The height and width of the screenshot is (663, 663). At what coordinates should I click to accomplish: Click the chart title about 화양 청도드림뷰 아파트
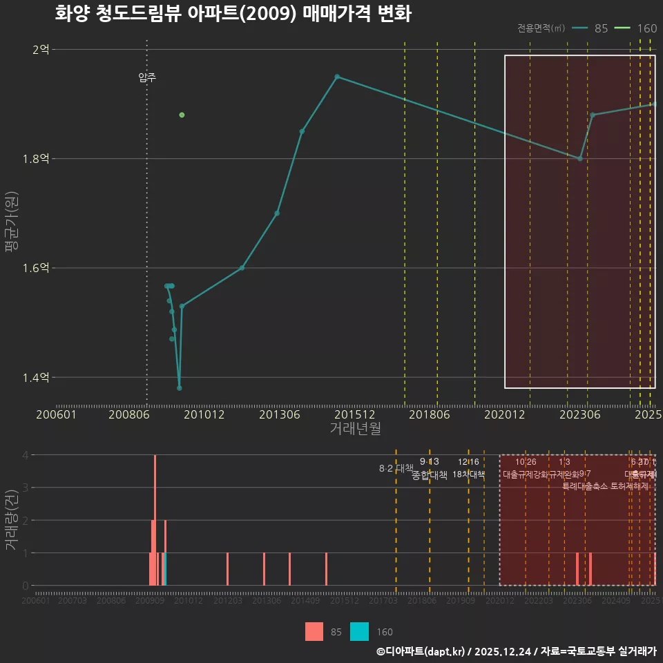tap(233, 14)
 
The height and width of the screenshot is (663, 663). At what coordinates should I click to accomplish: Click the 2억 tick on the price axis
tap(41, 50)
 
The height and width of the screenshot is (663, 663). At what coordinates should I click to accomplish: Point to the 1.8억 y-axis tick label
tap(39, 159)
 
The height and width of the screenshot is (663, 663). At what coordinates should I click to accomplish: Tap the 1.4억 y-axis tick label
tap(39, 377)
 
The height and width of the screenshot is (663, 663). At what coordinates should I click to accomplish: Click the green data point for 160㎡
tap(182, 115)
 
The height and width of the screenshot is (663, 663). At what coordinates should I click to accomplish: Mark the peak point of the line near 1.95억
tap(337, 77)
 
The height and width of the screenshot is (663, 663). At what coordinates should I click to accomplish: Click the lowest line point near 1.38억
tap(180, 388)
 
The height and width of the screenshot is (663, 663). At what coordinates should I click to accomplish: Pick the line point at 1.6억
tap(242, 268)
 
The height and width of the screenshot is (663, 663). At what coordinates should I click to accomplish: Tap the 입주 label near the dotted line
tap(147, 77)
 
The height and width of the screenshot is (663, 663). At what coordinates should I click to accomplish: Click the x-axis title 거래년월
tap(355, 428)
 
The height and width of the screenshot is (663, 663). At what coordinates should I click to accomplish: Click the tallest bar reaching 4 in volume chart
tap(155, 519)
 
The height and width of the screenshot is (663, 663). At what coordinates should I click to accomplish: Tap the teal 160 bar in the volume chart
tap(166, 569)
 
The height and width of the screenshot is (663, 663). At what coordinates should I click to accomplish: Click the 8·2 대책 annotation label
tap(396, 468)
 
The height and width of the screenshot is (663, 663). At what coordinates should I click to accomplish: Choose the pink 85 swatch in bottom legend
tap(314, 631)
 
